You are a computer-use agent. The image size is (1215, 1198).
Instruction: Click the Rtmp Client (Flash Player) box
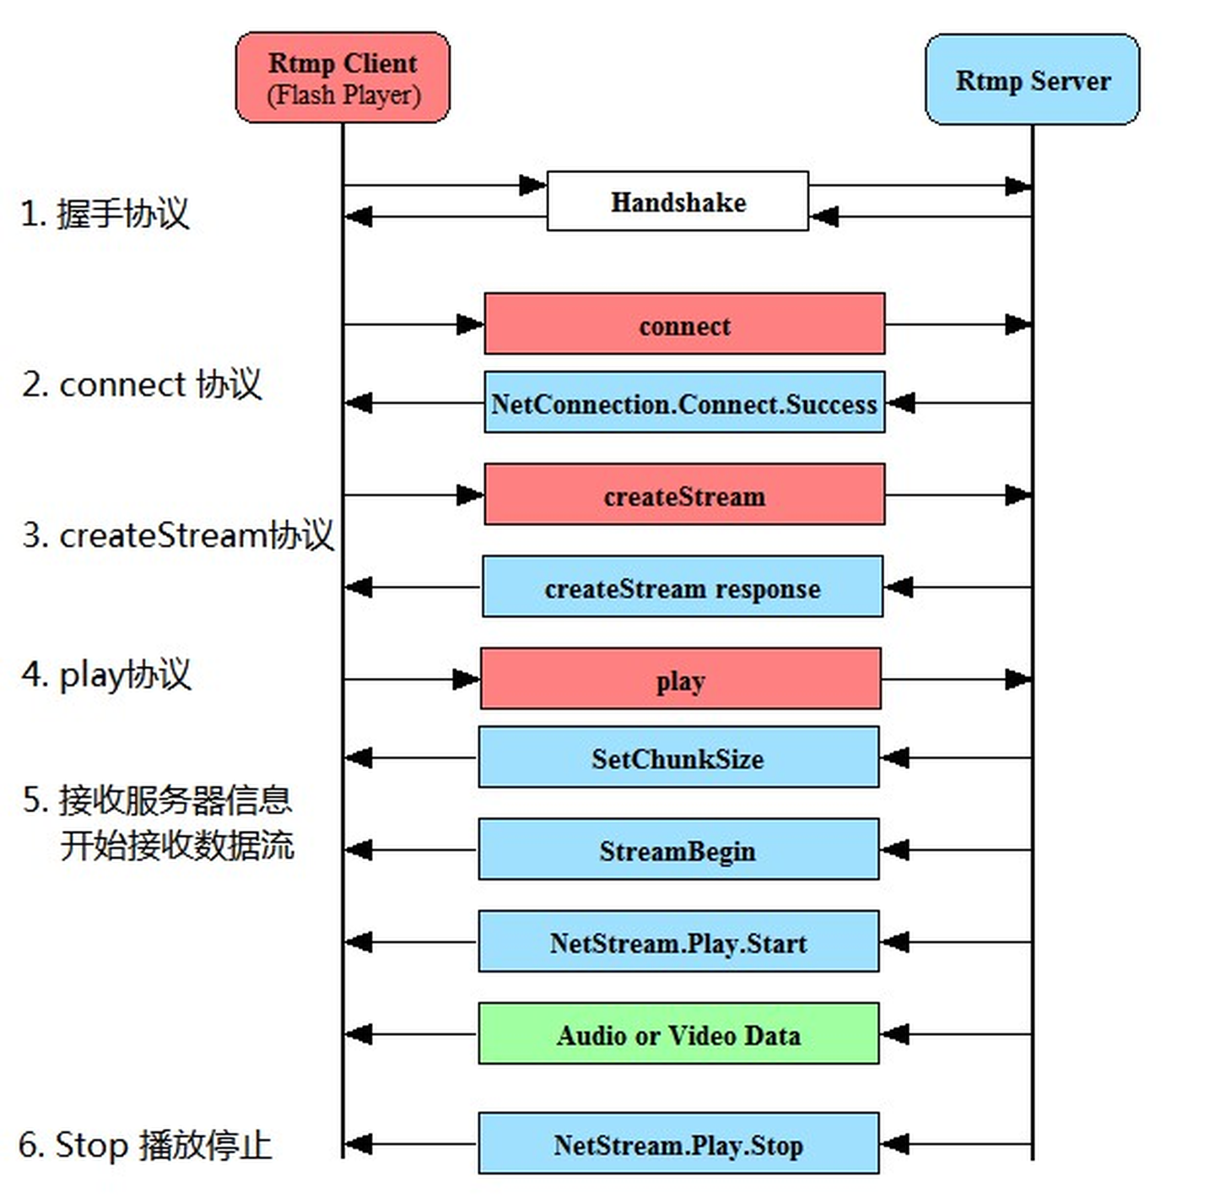[x=343, y=78]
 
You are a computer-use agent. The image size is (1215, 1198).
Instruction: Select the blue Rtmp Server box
[x=1032, y=80]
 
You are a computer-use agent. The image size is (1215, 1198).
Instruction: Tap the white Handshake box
[x=678, y=202]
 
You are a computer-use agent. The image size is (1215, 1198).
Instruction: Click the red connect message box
[x=684, y=324]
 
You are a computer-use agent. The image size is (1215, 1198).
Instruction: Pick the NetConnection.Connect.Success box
[x=684, y=403]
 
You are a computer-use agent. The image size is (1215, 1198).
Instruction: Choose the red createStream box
[x=684, y=495]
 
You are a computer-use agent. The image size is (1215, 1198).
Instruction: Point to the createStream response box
[x=683, y=587]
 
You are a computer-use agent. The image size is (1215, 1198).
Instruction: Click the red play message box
[x=680, y=679]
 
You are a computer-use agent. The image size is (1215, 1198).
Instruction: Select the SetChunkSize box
[x=678, y=758]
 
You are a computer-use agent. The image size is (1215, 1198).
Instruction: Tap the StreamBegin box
[x=678, y=849]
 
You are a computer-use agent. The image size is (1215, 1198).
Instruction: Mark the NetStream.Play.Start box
[x=678, y=941]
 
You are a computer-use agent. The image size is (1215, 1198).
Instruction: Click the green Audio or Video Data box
[x=678, y=1033]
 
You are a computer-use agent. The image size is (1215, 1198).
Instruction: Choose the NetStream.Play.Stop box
[x=678, y=1144]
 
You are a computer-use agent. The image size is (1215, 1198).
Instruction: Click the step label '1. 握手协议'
[x=105, y=213]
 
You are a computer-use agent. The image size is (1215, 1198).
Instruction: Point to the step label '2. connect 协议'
[x=142, y=384]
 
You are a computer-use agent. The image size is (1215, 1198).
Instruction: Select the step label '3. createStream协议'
[x=177, y=535]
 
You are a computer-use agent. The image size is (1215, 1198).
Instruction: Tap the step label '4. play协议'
[x=106, y=675]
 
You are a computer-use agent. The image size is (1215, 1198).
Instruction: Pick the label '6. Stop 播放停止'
[x=145, y=1145]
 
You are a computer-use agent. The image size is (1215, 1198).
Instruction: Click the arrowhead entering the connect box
[x=470, y=324]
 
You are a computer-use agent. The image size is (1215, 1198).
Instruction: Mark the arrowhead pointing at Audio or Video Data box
[x=894, y=1033]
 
